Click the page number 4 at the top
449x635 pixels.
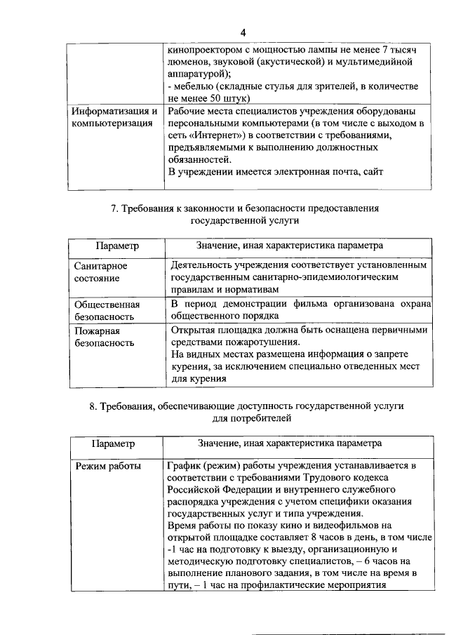point(243,33)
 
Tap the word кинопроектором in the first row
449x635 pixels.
point(203,51)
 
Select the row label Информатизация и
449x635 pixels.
point(116,112)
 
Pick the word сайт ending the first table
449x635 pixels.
point(373,172)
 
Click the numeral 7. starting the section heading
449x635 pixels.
point(116,208)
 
